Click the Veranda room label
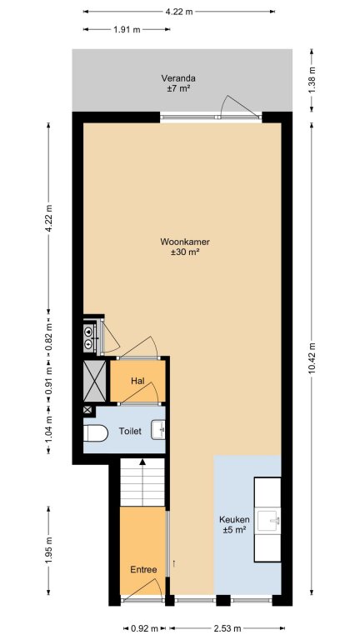click(178, 78)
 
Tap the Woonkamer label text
click(185, 242)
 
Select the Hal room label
click(137, 381)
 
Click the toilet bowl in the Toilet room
click(96, 433)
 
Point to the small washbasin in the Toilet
click(158, 430)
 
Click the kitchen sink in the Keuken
click(267, 521)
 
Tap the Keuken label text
click(234, 520)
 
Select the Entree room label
click(143, 570)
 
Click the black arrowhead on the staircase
click(142, 462)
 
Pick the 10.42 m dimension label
click(312, 357)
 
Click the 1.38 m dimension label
click(312, 80)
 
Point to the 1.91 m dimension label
click(127, 29)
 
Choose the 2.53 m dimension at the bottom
click(227, 628)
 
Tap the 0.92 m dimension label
click(144, 628)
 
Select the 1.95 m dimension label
click(48, 551)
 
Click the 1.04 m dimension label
click(48, 429)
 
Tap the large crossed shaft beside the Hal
click(95, 380)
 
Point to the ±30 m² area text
click(185, 252)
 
